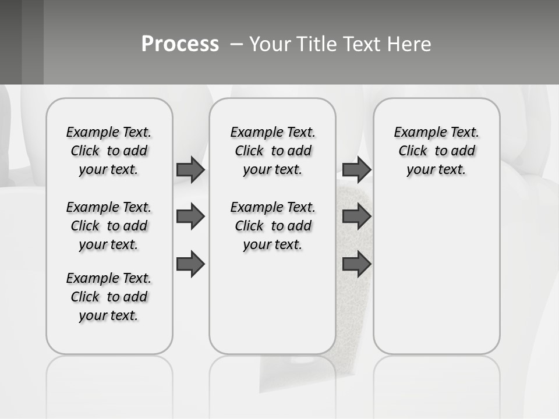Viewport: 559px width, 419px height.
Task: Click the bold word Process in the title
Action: coord(180,44)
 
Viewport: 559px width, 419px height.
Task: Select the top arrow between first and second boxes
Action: coord(190,169)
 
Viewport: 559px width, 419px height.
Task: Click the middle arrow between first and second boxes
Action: coord(190,216)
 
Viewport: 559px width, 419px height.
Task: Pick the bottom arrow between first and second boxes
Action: coord(190,264)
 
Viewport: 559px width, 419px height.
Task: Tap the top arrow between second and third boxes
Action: coord(356,169)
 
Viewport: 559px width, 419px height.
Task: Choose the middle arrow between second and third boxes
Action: coord(356,216)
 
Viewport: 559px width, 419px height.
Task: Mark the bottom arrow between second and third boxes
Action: coord(356,264)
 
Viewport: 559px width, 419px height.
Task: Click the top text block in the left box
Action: coord(109,151)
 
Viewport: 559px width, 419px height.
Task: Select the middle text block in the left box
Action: coord(109,226)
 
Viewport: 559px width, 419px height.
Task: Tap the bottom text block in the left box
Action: coord(109,297)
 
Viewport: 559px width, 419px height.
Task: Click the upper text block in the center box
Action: coord(273,151)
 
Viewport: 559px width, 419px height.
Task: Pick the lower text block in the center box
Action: coord(273,226)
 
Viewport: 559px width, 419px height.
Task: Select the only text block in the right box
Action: coord(436,151)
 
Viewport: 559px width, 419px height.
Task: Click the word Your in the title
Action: coord(270,44)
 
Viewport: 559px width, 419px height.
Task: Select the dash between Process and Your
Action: coord(236,44)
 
